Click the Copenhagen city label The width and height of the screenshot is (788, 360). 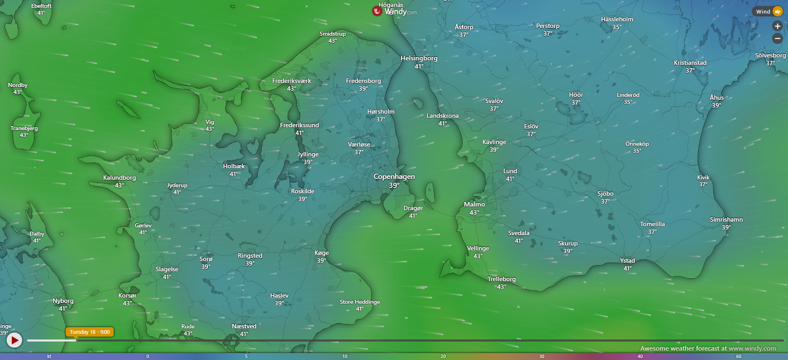[x=394, y=177]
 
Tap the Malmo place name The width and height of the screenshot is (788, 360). [x=474, y=204]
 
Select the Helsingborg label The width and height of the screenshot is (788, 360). [x=419, y=58]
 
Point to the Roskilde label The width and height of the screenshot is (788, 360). [x=302, y=191]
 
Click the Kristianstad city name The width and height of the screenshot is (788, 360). [x=690, y=63]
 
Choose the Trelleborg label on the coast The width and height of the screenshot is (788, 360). [x=502, y=279]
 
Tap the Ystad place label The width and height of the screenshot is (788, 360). [x=627, y=261]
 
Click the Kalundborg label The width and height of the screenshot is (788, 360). [x=119, y=178]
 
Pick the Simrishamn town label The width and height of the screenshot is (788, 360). [x=726, y=220]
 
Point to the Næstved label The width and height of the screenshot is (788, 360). [x=244, y=326]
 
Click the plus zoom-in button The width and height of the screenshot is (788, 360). [x=777, y=26]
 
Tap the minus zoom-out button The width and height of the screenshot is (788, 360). [x=777, y=39]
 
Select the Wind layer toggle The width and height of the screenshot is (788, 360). [x=767, y=11]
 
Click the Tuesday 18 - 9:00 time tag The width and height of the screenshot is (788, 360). [x=89, y=332]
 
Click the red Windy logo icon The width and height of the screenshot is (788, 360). [x=377, y=11]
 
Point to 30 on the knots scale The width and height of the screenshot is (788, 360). [x=542, y=356]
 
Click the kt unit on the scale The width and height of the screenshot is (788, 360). [x=49, y=356]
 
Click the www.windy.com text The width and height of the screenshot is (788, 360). [x=752, y=349]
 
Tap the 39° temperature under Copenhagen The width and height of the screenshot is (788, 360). [x=394, y=186]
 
